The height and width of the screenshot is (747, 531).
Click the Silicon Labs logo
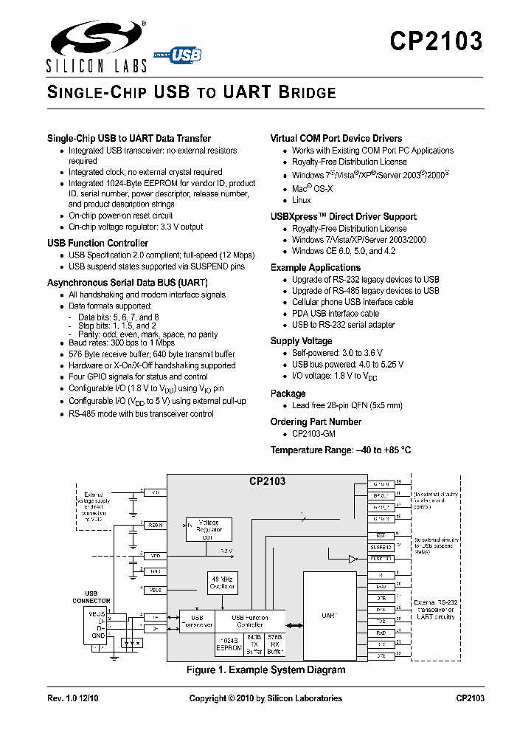(x=97, y=46)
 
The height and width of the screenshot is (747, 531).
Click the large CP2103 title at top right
(x=436, y=41)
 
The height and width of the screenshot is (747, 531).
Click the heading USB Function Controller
(x=97, y=243)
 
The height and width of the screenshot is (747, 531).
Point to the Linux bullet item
(x=301, y=200)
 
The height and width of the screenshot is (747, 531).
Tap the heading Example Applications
(x=315, y=267)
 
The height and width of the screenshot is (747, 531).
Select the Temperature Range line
(x=340, y=450)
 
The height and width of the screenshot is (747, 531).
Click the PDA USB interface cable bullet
(x=335, y=314)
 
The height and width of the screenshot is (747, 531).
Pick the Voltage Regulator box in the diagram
(x=209, y=529)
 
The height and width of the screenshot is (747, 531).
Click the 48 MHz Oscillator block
(x=221, y=583)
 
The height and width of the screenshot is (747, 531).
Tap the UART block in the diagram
(x=327, y=614)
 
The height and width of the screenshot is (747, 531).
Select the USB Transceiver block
(x=197, y=621)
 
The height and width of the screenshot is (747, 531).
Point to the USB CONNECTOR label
(x=91, y=597)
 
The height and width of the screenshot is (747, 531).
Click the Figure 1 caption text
(x=266, y=670)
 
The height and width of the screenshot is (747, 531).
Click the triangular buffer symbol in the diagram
(x=353, y=559)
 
